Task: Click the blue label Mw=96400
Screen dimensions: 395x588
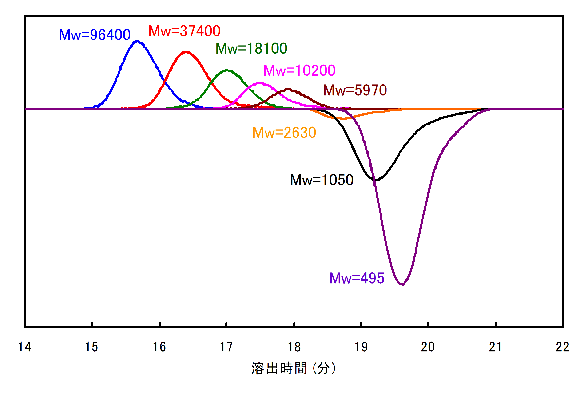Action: click(x=95, y=35)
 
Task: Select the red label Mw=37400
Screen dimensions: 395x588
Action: click(x=184, y=31)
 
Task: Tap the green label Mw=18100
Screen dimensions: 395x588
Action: click(x=251, y=48)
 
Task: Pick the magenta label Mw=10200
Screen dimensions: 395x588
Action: click(x=299, y=70)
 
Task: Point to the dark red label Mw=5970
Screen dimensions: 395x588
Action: click(x=355, y=90)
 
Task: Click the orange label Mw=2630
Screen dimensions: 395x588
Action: click(x=284, y=133)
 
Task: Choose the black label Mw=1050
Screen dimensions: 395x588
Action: click(x=322, y=180)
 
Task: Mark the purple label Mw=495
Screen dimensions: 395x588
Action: click(x=357, y=278)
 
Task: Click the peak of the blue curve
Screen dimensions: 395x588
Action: click(x=137, y=41)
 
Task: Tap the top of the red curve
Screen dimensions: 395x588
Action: click(x=186, y=52)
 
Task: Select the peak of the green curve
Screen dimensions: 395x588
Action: click(x=227, y=70)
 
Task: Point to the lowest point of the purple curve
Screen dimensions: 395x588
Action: click(x=402, y=284)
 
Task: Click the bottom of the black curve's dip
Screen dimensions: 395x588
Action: click(x=376, y=180)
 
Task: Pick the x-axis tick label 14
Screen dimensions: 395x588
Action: click(x=25, y=347)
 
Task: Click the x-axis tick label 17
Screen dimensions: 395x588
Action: click(x=226, y=347)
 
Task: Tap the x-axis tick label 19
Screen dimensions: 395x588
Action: click(x=361, y=347)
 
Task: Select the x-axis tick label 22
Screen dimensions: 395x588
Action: click(x=563, y=347)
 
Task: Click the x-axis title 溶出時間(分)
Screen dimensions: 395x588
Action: click(x=294, y=368)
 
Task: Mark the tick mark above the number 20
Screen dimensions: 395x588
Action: click(x=428, y=324)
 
